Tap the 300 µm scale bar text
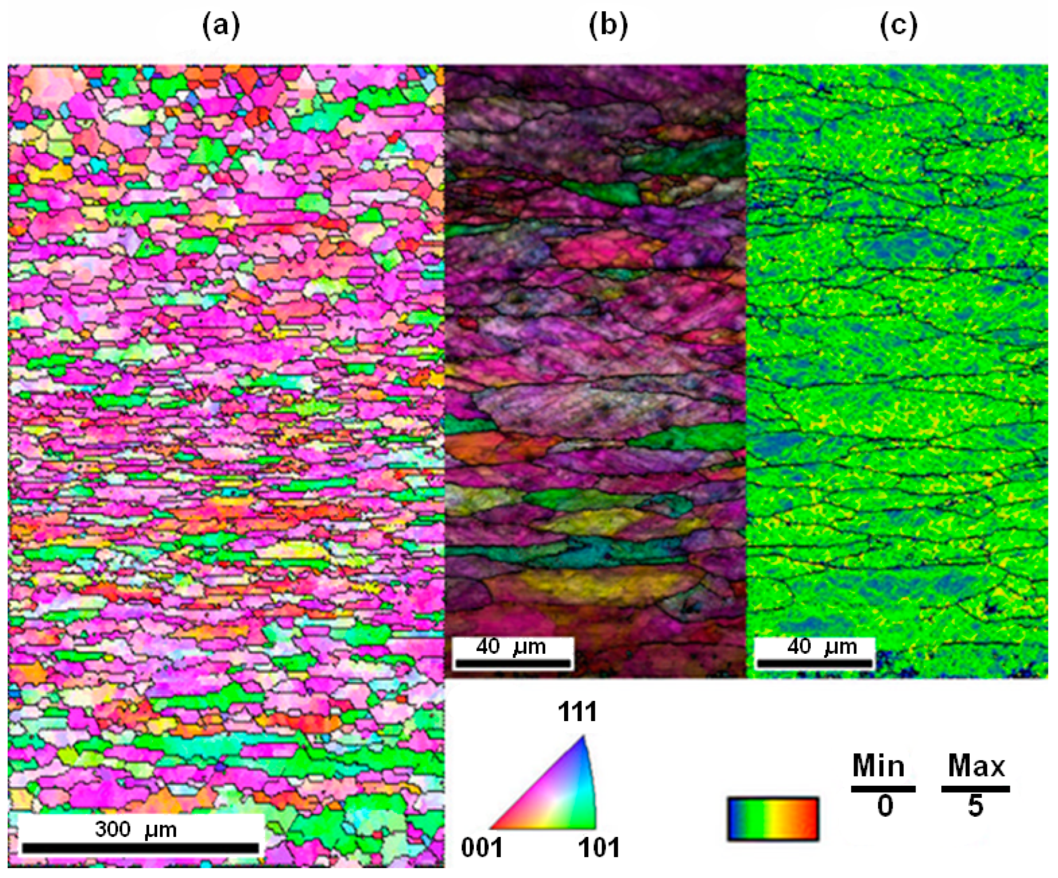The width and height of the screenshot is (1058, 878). pos(136,829)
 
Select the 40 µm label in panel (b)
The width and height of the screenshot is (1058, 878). pos(512,646)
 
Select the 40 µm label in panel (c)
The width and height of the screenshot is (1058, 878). pos(822,646)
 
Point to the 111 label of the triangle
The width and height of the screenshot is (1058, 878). pos(578,712)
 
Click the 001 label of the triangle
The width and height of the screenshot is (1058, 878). pos(482,848)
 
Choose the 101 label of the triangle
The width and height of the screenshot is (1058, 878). pos(599,848)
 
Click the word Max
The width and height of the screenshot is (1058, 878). pos(976,766)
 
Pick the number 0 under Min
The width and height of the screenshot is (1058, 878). pos(885,805)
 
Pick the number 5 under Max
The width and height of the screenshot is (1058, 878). pos(976,805)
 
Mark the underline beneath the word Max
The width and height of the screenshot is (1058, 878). pos(976,788)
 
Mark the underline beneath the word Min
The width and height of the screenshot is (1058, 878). pos(883,788)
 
